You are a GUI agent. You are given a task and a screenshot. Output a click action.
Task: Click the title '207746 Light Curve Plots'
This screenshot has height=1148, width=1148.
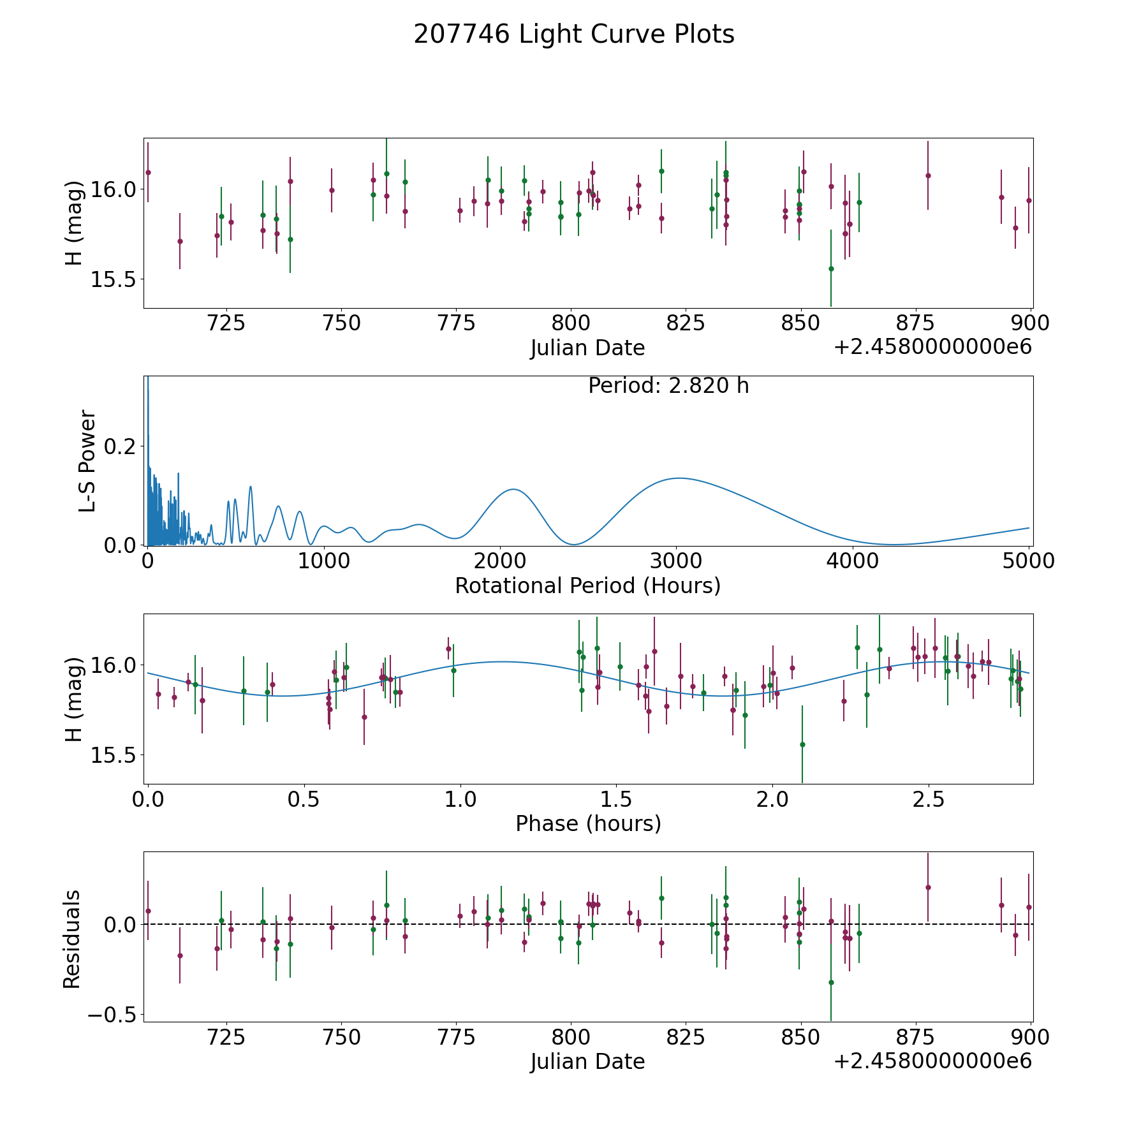[x=574, y=34]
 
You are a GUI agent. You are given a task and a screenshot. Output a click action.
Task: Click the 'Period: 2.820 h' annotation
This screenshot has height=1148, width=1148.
[x=668, y=386]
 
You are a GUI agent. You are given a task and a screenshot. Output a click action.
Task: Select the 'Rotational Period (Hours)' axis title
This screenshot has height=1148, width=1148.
[x=587, y=585]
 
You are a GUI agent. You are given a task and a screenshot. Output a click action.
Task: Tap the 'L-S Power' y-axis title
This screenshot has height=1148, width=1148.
[x=87, y=460]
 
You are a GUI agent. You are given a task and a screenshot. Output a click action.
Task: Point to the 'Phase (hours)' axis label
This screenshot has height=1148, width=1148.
[x=588, y=823]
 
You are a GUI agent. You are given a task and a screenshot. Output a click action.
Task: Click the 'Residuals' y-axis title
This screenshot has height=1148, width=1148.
[x=72, y=939]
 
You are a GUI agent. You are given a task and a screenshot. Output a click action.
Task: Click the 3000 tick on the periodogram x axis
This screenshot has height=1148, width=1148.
[x=676, y=561]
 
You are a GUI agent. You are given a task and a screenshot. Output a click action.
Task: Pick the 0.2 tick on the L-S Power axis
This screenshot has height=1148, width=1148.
[x=119, y=445]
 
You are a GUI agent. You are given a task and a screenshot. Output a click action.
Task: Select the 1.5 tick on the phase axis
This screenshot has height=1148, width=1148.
[x=617, y=799]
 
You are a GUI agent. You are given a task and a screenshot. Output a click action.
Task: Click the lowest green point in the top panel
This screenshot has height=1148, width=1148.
[x=831, y=269]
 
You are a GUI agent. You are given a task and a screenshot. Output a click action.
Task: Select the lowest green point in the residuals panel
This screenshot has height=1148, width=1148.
[x=831, y=982]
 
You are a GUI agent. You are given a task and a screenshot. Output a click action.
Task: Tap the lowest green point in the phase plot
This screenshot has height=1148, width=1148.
[x=802, y=744]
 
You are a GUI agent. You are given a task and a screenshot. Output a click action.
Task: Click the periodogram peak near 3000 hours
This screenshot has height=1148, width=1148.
[x=678, y=478]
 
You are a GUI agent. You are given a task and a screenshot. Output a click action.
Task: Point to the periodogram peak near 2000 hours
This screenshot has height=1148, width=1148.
[x=513, y=489]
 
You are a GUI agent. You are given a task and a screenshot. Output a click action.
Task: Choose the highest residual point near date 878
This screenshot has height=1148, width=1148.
[x=928, y=887]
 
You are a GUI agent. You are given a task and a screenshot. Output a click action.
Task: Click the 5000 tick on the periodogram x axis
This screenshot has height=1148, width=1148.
[x=1029, y=561]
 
